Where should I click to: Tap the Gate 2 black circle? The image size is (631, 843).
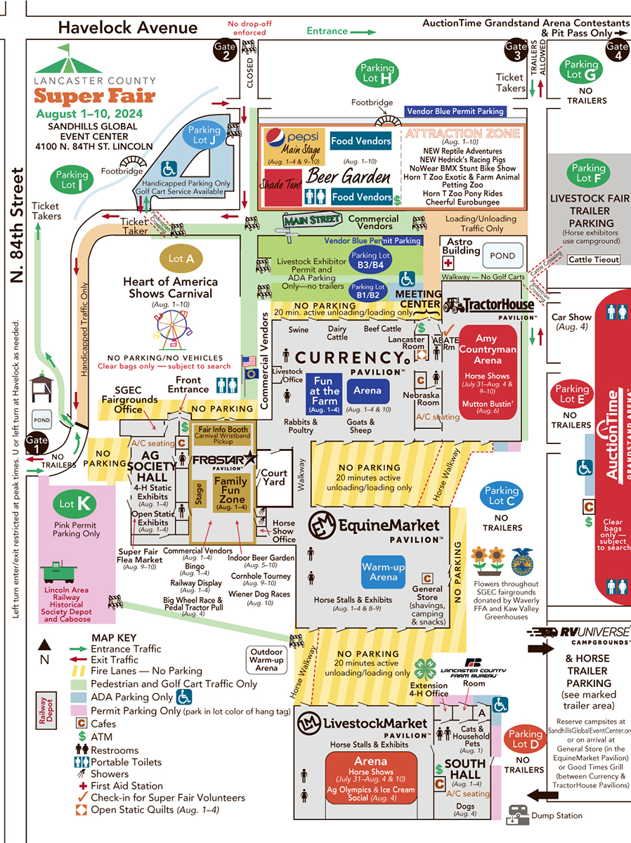[x=226, y=52]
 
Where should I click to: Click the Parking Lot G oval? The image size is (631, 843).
[x=581, y=69]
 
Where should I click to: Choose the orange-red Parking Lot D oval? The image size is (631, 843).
[x=525, y=739]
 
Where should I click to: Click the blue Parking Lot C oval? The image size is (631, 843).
[x=501, y=496]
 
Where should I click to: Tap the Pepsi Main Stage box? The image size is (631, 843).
[x=294, y=146]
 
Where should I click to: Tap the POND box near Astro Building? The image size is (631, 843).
[x=502, y=256]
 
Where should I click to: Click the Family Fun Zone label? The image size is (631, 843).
[x=230, y=489]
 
